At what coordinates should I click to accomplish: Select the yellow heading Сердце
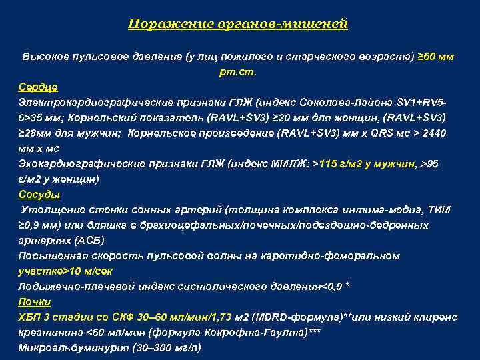click(x=38, y=87)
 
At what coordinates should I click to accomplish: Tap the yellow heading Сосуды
click(x=39, y=195)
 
